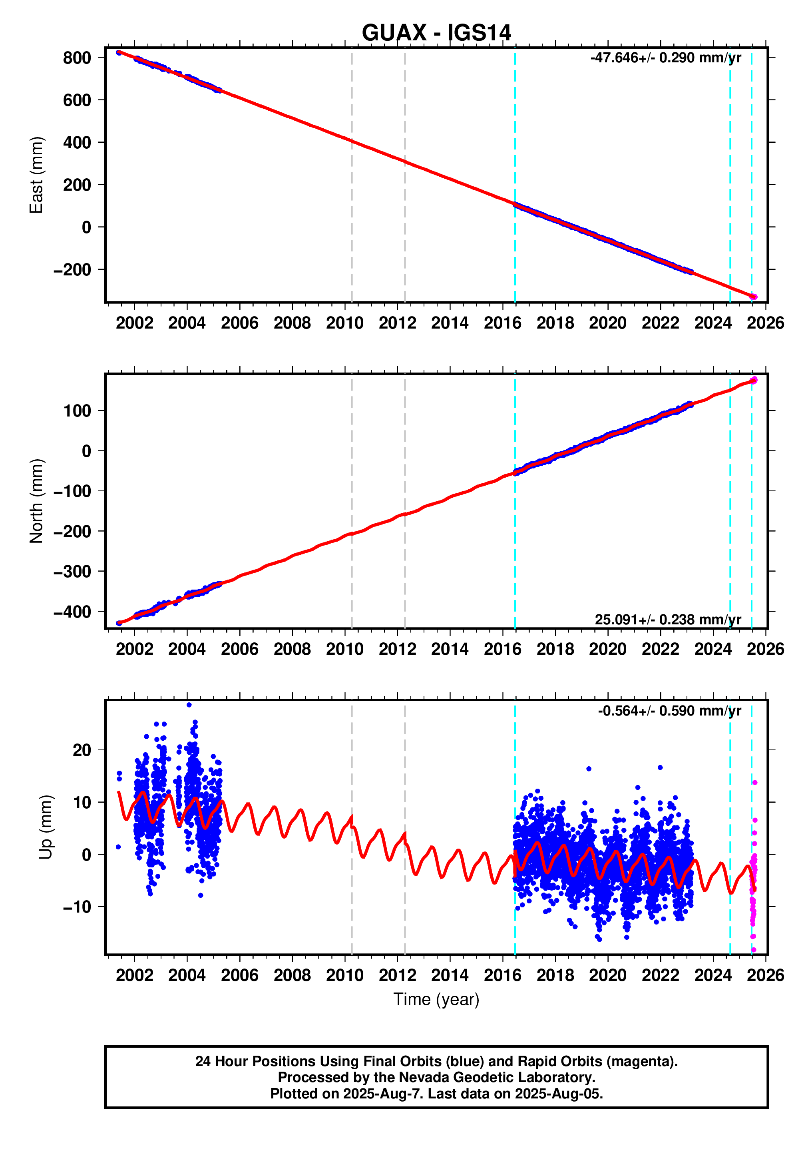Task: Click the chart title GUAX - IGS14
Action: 436,33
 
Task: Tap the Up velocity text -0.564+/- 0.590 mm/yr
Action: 669,710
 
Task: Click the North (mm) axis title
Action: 36,501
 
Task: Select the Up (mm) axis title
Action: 46,827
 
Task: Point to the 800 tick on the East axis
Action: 77,58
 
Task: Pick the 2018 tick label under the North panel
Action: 555,649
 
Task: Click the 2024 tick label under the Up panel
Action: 712,975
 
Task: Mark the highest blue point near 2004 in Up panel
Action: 189,705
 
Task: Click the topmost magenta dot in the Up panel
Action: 754,783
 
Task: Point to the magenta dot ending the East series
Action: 754,297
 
